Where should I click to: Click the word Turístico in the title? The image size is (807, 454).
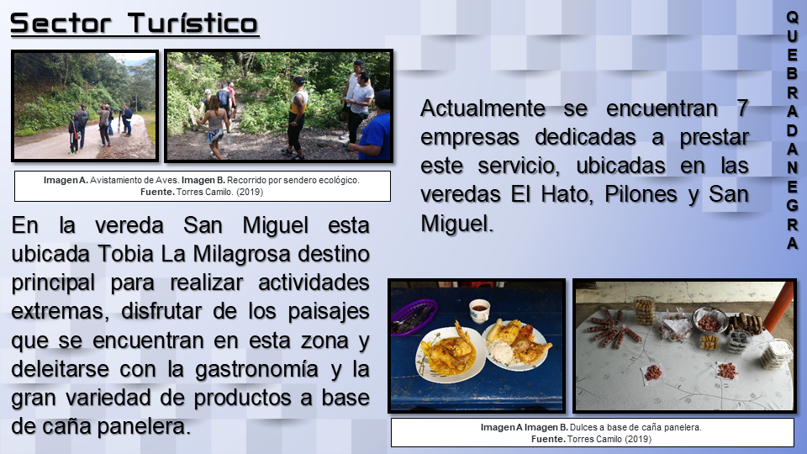tap(193, 24)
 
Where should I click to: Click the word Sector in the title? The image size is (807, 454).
tap(61, 24)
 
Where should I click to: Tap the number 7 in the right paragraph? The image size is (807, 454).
tap(742, 108)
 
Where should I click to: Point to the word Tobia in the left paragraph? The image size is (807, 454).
tap(125, 254)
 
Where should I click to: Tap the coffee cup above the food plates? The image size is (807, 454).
tap(480, 310)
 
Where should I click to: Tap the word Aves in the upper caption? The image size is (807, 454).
tap(168, 180)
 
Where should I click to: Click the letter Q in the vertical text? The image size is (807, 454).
tap(792, 17)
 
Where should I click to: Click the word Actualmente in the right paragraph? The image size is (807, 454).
tap(483, 108)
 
